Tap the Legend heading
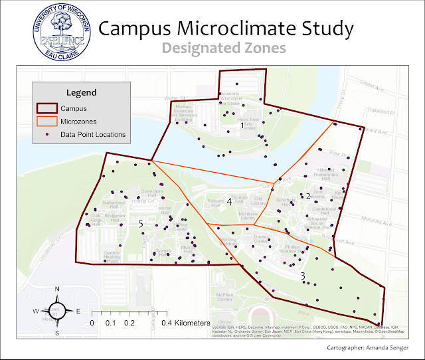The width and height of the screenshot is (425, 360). pos(81,92)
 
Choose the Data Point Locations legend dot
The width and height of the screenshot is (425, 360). pos(47,134)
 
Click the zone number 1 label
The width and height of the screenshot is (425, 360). pos(242,125)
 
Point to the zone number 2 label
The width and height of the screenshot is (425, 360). pos(308,195)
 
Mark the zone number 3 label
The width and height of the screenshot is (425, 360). pos(303,276)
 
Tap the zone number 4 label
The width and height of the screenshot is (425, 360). pos(230,202)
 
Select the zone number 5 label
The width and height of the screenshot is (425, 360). pos(141,225)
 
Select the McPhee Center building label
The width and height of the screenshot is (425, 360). pos(221,297)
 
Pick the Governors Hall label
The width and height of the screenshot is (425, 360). pos(151,193)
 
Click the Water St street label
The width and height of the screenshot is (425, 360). pos(174,98)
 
